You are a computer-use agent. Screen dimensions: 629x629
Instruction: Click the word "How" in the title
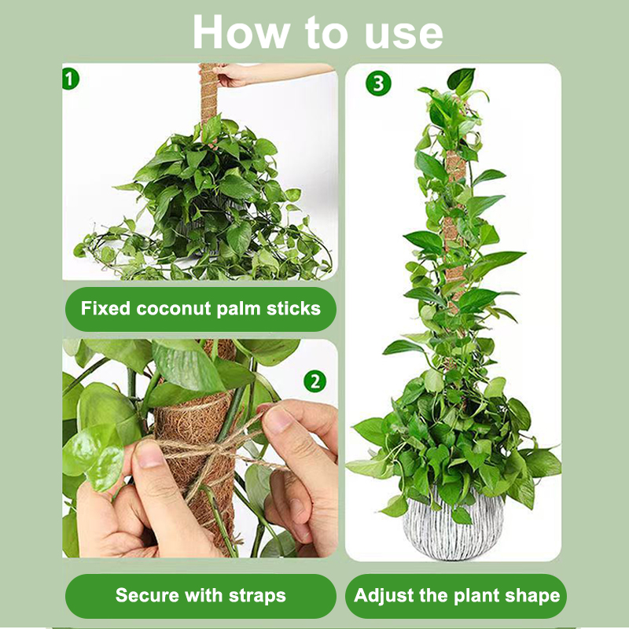[x=242, y=32]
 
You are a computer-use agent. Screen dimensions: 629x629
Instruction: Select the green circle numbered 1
[x=70, y=79]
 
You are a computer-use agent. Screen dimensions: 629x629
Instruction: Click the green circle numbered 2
[x=315, y=381]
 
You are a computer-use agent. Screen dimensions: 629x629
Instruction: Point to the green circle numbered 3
[x=378, y=83]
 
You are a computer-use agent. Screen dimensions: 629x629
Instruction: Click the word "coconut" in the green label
[x=173, y=308]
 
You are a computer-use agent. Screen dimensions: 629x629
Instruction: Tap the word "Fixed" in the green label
[x=105, y=308]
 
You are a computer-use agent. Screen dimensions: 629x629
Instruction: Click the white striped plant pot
[x=453, y=528]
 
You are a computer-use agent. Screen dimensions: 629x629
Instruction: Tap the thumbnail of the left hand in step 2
[x=149, y=454]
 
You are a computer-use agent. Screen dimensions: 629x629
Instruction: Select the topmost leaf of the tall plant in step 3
[x=462, y=79]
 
